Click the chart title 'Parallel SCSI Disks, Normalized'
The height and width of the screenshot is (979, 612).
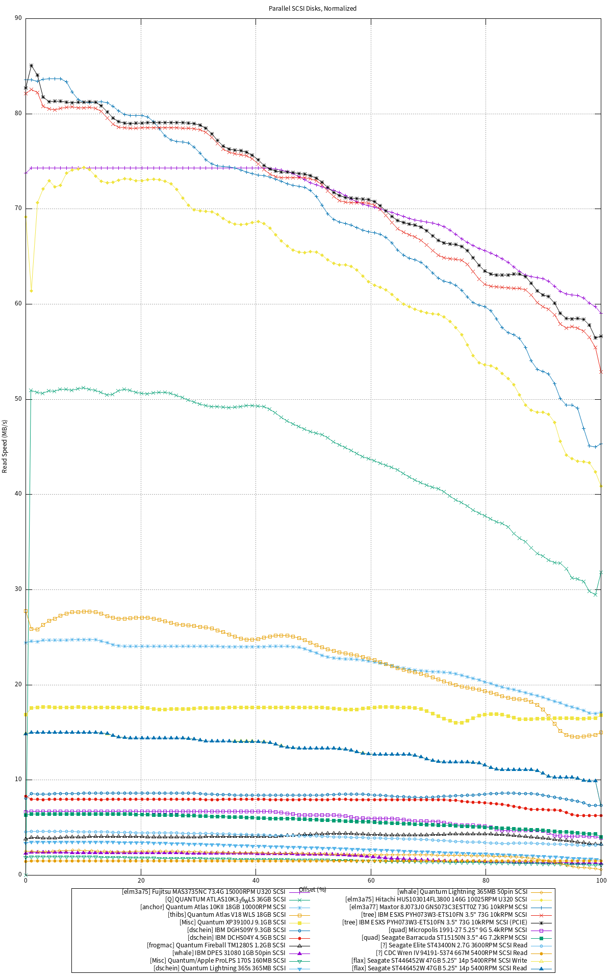[x=313, y=9]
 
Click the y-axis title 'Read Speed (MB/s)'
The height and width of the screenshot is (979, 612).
[x=5, y=446]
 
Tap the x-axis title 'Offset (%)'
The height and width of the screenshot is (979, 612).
[x=313, y=890]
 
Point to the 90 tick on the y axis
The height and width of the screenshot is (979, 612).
[x=18, y=18]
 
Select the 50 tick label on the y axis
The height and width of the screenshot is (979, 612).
[x=18, y=399]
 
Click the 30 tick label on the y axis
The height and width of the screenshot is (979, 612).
[x=18, y=589]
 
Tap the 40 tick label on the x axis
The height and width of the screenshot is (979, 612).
[x=256, y=881]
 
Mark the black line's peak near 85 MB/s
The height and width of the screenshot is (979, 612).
[x=32, y=66]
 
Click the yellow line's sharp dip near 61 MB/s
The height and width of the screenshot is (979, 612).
[x=32, y=291]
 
